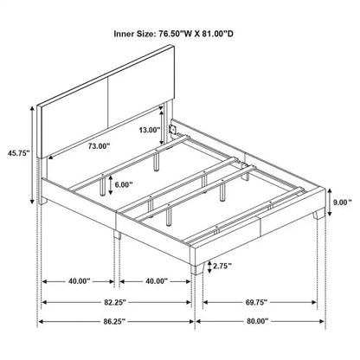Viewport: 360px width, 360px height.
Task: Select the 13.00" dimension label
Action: (x=149, y=130)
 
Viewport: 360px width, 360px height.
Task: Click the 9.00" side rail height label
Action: (x=344, y=203)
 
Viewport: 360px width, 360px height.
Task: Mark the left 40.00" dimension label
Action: (x=79, y=280)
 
